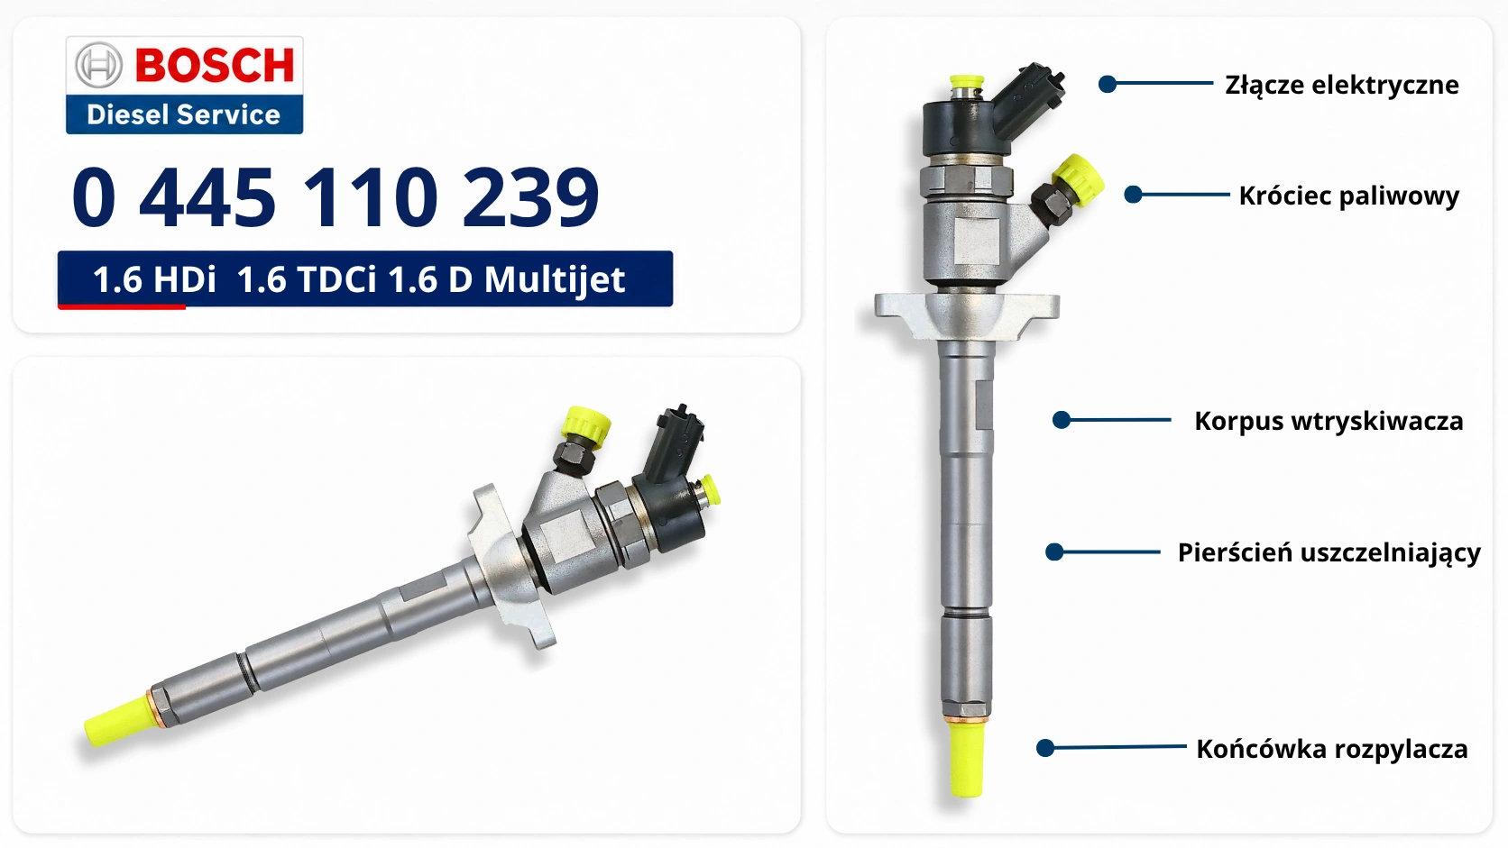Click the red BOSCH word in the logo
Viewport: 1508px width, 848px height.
tap(215, 65)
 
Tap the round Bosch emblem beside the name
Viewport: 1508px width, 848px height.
tap(98, 65)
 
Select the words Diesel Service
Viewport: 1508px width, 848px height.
tap(183, 114)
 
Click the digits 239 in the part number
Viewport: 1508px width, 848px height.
tap(530, 197)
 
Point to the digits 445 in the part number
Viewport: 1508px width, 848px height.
tap(207, 197)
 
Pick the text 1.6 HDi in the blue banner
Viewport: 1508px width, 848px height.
tap(154, 279)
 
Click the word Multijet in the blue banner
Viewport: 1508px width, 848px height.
tap(555, 279)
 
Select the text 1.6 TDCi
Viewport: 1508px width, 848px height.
tap(307, 279)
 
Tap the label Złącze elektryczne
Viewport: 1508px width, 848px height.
tap(1342, 86)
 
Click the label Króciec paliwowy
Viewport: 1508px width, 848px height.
tap(1348, 196)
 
